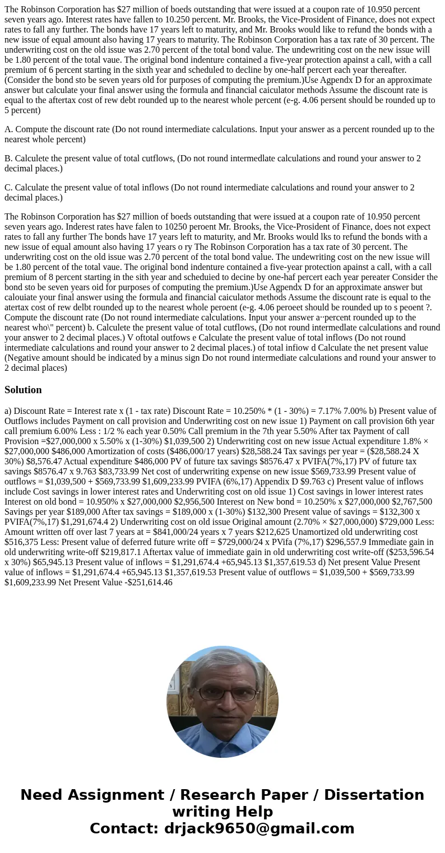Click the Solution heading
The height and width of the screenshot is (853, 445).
pos(23,390)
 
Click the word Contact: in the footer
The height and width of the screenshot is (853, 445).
pos(124,828)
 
